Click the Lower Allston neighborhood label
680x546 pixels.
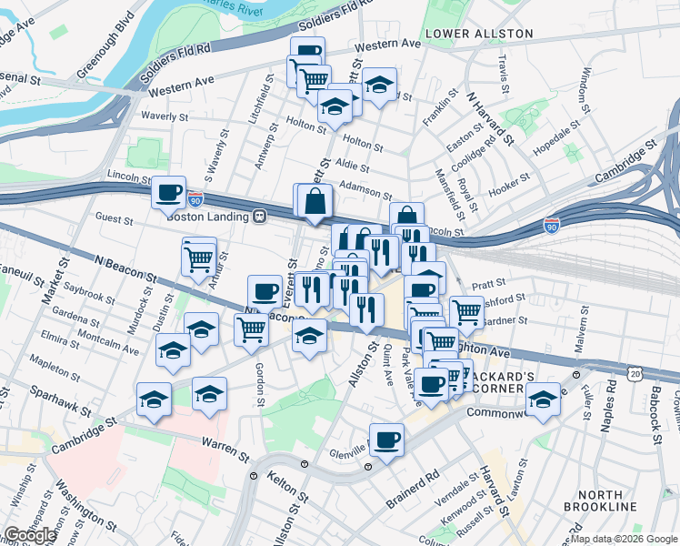[x=479, y=34]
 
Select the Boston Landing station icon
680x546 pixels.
[x=260, y=217]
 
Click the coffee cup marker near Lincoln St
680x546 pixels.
[x=169, y=192]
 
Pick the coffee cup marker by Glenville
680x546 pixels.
[x=386, y=440]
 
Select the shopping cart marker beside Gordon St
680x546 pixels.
[x=251, y=329]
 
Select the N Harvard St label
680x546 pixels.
[x=490, y=117]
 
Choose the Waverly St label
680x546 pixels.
[x=165, y=116]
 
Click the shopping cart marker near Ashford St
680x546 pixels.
[x=466, y=311]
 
